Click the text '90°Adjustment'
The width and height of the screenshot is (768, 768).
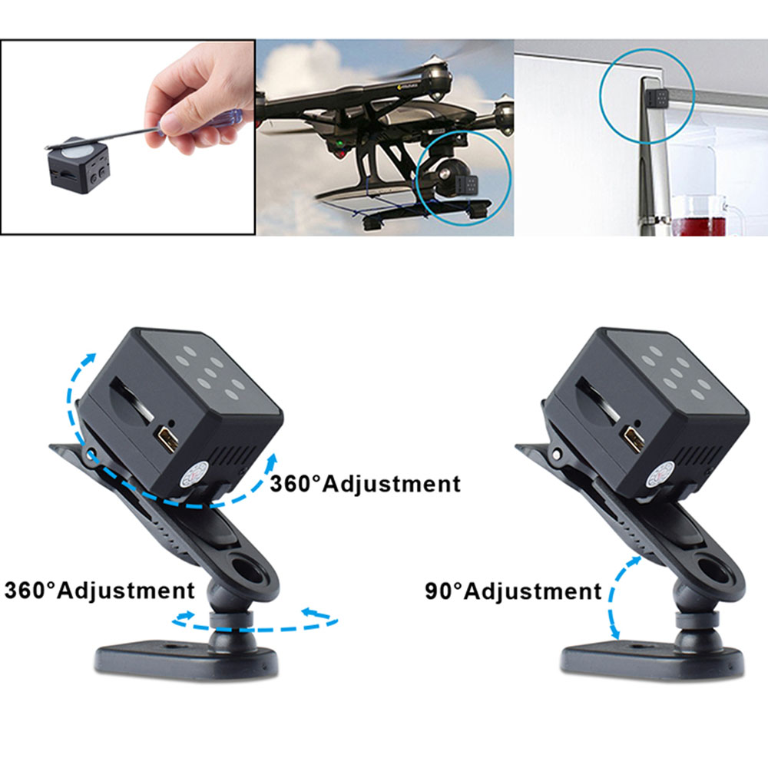[513, 591]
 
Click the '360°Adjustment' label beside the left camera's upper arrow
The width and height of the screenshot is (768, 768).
[365, 484]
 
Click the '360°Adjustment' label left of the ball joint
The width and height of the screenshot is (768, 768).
[99, 590]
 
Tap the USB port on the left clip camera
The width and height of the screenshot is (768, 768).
[167, 439]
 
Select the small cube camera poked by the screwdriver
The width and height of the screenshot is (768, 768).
[79, 165]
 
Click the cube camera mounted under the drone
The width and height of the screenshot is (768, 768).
[466, 187]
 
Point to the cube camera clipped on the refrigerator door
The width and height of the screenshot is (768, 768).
[657, 99]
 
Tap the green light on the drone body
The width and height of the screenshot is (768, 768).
[339, 145]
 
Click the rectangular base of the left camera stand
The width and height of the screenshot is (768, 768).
[187, 660]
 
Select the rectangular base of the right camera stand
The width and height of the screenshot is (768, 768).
[652, 660]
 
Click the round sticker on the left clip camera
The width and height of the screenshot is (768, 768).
[195, 475]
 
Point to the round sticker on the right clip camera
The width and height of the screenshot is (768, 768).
[660, 475]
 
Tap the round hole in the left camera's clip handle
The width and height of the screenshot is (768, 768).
[247, 568]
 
